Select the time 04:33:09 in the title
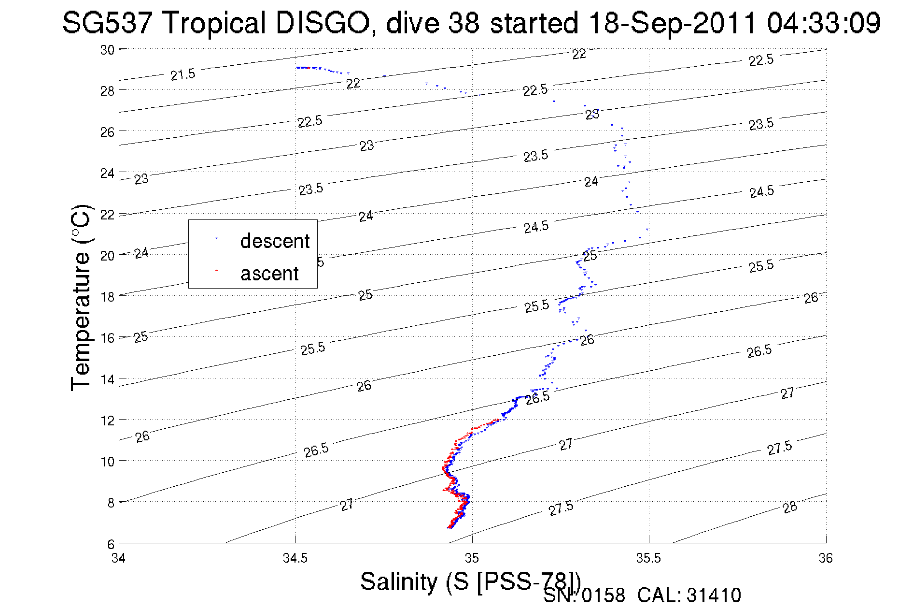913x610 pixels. click(x=824, y=23)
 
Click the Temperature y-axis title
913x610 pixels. click(x=81, y=297)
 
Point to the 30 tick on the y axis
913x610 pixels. click(x=107, y=50)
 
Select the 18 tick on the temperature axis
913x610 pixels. click(x=107, y=296)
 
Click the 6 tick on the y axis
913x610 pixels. click(x=111, y=544)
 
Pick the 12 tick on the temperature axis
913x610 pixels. click(x=107, y=420)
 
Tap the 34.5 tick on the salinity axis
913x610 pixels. click(x=295, y=558)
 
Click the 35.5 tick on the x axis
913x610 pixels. click(x=648, y=558)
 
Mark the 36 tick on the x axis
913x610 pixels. click(x=826, y=558)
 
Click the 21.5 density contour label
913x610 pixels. click(x=183, y=74)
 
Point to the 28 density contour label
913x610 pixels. click(x=790, y=507)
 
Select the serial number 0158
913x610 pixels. click(x=603, y=595)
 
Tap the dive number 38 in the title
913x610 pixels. click(x=464, y=23)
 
